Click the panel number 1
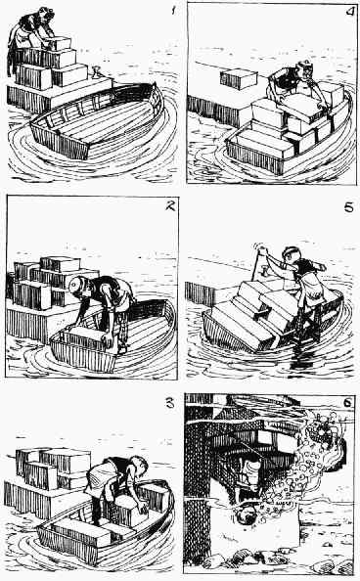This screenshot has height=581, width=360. [x=173, y=10]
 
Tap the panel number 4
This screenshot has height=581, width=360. [x=349, y=12]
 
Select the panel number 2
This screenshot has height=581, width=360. [x=169, y=206]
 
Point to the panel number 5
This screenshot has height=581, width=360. [x=349, y=207]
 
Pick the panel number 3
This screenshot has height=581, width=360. [x=170, y=402]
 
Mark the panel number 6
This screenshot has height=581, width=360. [x=347, y=402]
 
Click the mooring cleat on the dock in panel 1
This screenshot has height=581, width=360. [x=96, y=71]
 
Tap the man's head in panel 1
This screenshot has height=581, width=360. [x=49, y=14]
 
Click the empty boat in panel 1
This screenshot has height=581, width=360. [x=97, y=121]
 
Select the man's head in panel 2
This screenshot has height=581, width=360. [x=78, y=288]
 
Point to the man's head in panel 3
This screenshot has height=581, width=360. [x=139, y=467]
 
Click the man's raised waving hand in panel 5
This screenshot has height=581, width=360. [x=263, y=252]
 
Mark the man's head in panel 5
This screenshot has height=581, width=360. [x=291, y=256]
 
